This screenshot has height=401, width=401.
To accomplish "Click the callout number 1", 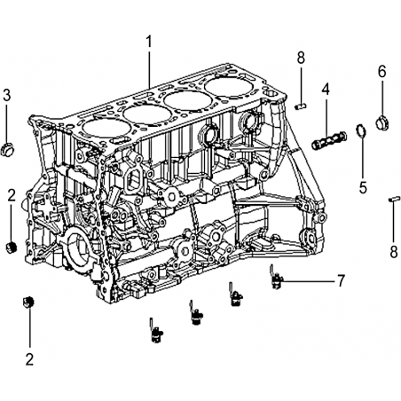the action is tap(149, 42).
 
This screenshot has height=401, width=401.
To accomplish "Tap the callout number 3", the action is tap(6, 95).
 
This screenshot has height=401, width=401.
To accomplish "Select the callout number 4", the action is tap(326, 90).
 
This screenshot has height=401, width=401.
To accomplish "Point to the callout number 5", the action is tap(363, 187).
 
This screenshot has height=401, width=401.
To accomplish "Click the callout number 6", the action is tap(382, 71).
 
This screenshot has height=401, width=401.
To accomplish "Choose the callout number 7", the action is tap(341, 280).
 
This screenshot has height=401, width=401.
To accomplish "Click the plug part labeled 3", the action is tap(8, 149).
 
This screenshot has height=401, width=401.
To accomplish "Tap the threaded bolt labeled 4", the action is tap(329, 139).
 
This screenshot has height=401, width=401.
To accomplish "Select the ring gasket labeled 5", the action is tap(361, 130).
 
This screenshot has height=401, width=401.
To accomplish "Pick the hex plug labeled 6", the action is tap(383, 122).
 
